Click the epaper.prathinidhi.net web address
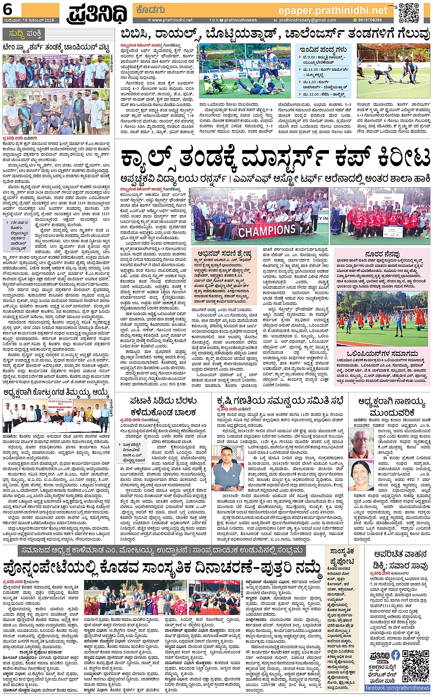click(332, 10)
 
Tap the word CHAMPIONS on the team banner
click(267, 229)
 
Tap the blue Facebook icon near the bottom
click(395, 655)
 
